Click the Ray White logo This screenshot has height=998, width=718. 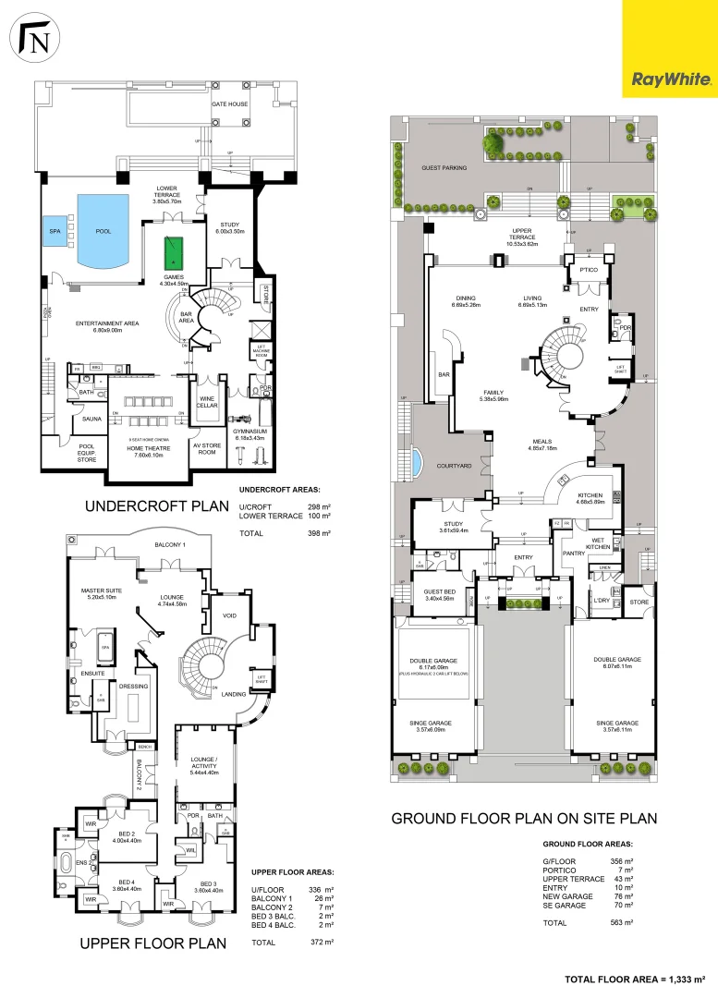pos(671,80)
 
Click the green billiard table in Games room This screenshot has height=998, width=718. pos(172,251)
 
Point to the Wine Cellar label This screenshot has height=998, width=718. pos(206,404)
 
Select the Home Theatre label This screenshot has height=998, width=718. pos(137,450)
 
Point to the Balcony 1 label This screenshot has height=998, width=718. pos(170,545)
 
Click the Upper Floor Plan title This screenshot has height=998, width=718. pos(152,943)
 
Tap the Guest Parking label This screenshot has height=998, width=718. pos(444,168)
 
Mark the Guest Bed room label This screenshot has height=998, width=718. pos(440,595)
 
